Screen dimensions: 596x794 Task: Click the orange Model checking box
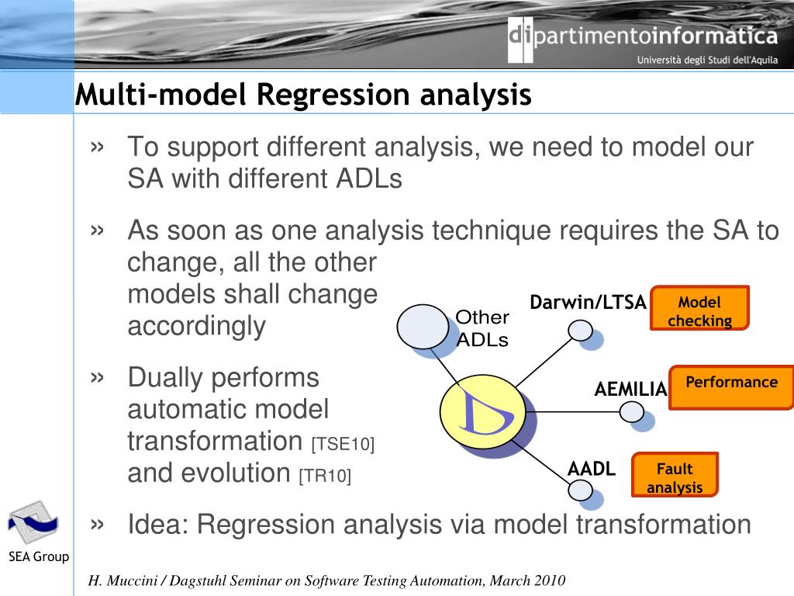pyautogui.click(x=699, y=308)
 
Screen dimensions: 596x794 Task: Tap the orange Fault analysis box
pyautogui.click(x=675, y=474)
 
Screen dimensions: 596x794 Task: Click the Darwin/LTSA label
pyautogui.click(x=588, y=303)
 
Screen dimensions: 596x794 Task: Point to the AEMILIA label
pyautogui.click(x=630, y=389)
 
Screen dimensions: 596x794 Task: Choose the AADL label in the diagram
pyautogui.click(x=591, y=469)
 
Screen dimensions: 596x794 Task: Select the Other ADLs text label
pyautogui.click(x=482, y=328)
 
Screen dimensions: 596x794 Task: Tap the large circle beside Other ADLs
pyautogui.click(x=423, y=327)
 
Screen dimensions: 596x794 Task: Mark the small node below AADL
pyautogui.click(x=581, y=490)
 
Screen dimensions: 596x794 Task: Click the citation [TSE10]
pyautogui.click(x=343, y=445)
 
